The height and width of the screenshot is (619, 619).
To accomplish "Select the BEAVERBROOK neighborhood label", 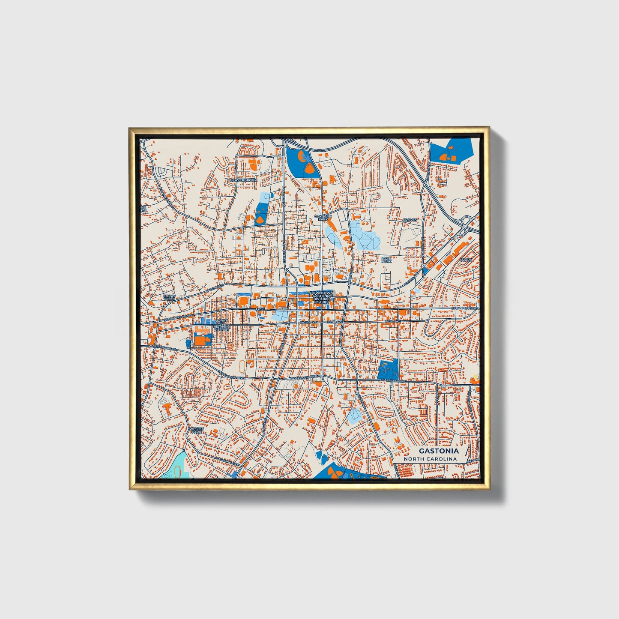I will [244, 180].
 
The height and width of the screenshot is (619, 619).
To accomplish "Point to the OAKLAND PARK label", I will [323, 218].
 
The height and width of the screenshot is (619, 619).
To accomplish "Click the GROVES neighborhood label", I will [410, 220].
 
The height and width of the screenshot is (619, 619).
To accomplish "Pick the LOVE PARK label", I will [387, 260].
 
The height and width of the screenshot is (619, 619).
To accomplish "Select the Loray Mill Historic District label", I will [221, 324].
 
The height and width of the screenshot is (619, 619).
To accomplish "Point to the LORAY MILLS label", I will [170, 297].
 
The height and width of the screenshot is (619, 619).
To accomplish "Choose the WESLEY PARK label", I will [196, 430].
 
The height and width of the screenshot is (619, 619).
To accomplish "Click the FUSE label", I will [260, 309].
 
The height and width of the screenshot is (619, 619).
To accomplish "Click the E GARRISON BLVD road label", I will [393, 380].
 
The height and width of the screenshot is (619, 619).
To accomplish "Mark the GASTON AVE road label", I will [214, 288].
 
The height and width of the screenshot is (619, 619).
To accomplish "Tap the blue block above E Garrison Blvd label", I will [389, 369].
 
